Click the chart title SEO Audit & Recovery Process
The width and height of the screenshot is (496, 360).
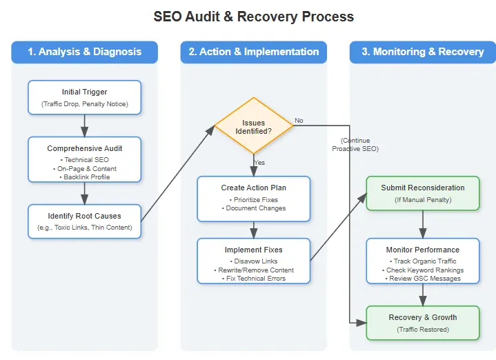tap(253, 17)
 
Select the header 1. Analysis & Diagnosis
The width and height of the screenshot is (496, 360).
tap(84, 52)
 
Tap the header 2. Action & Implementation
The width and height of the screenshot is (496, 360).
tap(253, 52)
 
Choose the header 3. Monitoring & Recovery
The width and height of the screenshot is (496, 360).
tap(422, 52)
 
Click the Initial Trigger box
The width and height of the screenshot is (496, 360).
tap(84, 97)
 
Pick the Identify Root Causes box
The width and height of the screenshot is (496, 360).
tap(84, 221)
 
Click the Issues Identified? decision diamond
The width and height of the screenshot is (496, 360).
tap(253, 126)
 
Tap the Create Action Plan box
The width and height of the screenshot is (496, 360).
tap(253, 197)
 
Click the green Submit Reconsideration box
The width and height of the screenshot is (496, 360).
tap(422, 193)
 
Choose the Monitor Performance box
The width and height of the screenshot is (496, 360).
tap(422, 259)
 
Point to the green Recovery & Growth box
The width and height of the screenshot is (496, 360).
tap(422, 323)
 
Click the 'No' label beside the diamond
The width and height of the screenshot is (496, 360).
tap(299, 121)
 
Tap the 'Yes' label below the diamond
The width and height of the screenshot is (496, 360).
tap(259, 163)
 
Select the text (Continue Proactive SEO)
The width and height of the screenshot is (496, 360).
tap(355, 144)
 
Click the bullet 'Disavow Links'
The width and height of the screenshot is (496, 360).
tap(253, 261)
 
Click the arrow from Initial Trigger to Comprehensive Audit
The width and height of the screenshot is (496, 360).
tap(84, 126)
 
